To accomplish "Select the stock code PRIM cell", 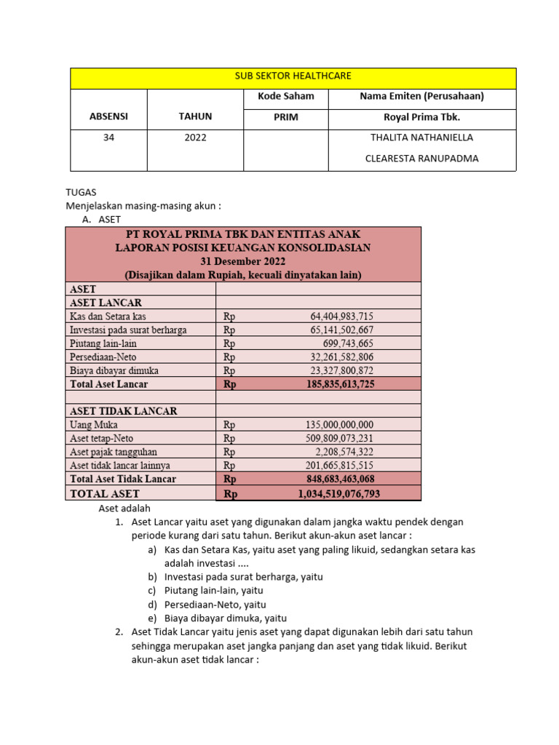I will pyautogui.click(x=286, y=117).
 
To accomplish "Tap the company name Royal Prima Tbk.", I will pyautogui.click(x=422, y=117).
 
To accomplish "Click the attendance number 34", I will pyautogui.click(x=108, y=138).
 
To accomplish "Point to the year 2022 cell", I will pyautogui.click(x=196, y=138).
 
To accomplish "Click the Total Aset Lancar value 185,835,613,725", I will pyautogui.click(x=336, y=384).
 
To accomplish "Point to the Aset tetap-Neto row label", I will pyautogui.click(x=101, y=439).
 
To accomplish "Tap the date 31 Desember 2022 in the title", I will pyautogui.click(x=243, y=261).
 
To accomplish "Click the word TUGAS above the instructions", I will pyautogui.click(x=81, y=193).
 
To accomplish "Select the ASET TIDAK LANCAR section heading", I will pyautogui.click(x=123, y=411).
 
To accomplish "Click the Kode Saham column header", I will pyautogui.click(x=286, y=97).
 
